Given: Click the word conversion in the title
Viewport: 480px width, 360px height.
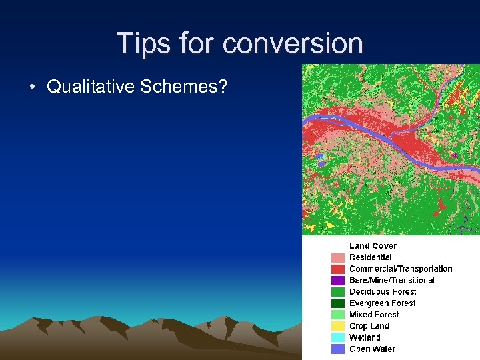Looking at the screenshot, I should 293,43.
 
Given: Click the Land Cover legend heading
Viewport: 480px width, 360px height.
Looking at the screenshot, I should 373,246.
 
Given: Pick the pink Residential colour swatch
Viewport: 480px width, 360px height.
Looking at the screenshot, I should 338,257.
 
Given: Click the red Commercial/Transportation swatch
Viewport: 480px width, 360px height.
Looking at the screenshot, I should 338,269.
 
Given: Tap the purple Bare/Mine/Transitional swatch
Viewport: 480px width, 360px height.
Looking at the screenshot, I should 338,281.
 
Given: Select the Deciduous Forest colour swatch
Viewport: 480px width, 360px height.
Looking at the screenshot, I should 338,292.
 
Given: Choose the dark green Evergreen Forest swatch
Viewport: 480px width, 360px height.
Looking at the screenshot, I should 338,303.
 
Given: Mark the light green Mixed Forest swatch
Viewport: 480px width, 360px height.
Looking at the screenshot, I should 338,315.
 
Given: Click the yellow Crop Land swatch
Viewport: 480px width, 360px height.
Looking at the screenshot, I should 338,326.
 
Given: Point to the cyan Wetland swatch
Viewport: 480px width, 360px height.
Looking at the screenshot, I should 338,338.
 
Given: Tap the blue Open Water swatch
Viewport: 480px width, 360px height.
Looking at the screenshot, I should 338,349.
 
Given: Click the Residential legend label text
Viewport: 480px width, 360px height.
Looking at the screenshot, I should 371,257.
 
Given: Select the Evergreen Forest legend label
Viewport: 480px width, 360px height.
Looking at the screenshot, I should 382,303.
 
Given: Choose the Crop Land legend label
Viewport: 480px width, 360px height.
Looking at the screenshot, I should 369,326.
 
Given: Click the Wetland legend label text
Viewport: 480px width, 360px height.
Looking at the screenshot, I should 365,338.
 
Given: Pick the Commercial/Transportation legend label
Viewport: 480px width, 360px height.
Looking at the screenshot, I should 401,269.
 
